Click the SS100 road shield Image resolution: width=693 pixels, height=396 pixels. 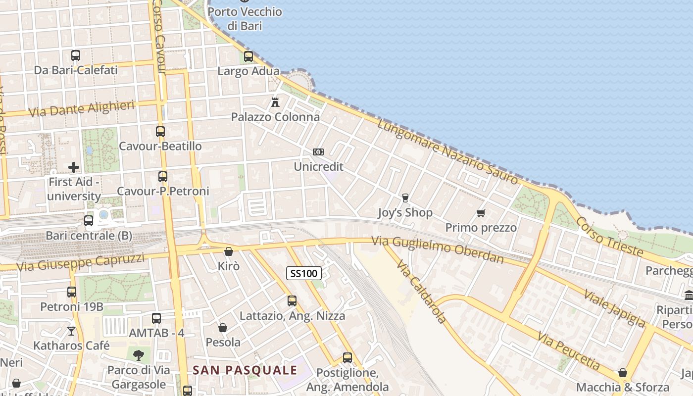304,273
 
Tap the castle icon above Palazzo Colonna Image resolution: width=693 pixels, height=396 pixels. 275,102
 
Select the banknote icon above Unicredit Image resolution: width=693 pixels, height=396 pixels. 318,151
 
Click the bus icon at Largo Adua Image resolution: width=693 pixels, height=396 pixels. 248,56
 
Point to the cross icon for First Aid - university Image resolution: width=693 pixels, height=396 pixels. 74,167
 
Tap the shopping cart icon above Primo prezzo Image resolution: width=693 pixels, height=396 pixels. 481,213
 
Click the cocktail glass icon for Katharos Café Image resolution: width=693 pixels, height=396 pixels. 71,331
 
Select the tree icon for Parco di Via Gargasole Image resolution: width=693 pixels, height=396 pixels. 139,354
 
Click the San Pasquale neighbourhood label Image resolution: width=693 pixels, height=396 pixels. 245,370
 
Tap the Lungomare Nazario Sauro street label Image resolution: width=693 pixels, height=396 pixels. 447,152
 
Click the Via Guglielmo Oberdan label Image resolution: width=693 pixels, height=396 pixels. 438,250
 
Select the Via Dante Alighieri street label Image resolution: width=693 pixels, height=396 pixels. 82,109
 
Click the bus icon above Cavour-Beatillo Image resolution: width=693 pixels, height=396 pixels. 160,132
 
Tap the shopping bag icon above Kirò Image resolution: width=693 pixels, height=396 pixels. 229,251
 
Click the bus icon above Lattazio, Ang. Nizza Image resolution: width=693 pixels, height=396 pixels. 292,300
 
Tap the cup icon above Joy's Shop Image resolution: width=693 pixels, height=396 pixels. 405,198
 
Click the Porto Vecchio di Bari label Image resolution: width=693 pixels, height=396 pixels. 245,18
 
